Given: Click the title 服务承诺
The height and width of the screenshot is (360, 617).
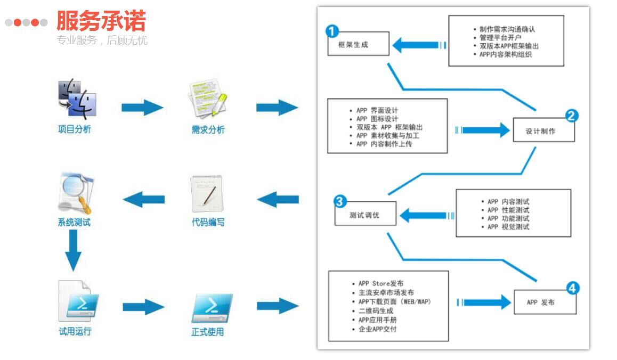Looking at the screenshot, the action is pyautogui.click(x=101, y=20).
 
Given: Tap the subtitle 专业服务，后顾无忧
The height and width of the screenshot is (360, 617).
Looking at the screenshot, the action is pyautogui.click(x=102, y=40).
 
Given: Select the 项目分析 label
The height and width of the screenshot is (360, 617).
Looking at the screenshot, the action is pyautogui.click(x=75, y=129).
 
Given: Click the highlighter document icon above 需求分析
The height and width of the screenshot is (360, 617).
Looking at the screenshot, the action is pyautogui.click(x=208, y=99).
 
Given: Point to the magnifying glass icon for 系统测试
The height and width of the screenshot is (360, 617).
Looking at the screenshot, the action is pyautogui.click(x=76, y=193).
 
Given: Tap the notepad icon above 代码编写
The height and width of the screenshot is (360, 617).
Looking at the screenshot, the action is pyautogui.click(x=207, y=194).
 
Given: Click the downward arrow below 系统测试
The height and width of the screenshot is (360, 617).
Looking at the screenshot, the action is pyautogui.click(x=73, y=250).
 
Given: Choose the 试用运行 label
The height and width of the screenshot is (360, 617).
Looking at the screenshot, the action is pyautogui.click(x=75, y=331).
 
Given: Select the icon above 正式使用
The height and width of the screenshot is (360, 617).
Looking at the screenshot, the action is pyautogui.click(x=212, y=308).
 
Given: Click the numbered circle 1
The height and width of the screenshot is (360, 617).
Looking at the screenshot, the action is pyautogui.click(x=332, y=31).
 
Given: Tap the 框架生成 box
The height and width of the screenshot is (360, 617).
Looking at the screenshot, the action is pyautogui.click(x=359, y=44).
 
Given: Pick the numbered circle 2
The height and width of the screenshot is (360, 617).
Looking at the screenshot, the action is pyautogui.click(x=571, y=116).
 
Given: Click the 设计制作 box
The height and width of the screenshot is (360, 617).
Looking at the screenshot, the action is pyautogui.click(x=544, y=130).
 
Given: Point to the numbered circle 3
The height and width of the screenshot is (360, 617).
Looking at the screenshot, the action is pyautogui.click(x=339, y=201).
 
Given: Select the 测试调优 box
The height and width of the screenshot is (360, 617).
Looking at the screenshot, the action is pyautogui.click(x=365, y=213).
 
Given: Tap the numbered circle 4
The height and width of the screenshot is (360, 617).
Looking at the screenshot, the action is pyautogui.click(x=573, y=288).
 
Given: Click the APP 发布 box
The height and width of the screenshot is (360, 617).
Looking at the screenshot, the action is pyautogui.click(x=545, y=302).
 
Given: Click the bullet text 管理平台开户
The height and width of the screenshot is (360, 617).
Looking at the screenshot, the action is pyautogui.click(x=500, y=37).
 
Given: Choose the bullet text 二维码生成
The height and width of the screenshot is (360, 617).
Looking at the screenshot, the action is pyautogui.click(x=376, y=311).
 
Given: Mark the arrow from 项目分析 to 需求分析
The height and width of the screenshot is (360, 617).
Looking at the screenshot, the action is pyautogui.click(x=142, y=108).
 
